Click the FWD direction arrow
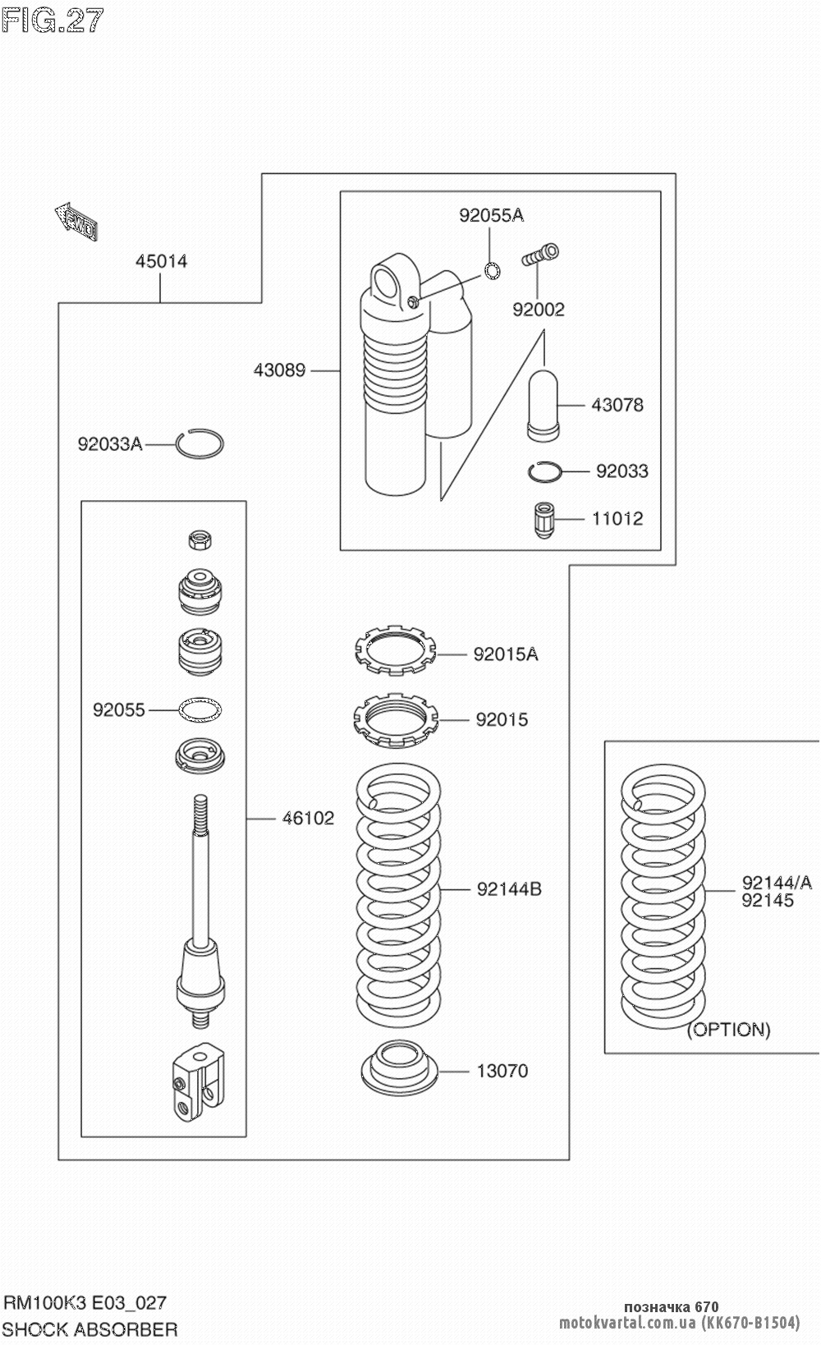click(x=76, y=222)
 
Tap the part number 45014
click(x=161, y=261)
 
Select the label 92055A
click(x=491, y=215)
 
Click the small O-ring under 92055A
click(x=492, y=271)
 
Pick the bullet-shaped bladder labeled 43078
click(x=544, y=406)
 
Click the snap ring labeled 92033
click(x=545, y=472)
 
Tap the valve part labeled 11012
click(x=544, y=520)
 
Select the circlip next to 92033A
click(x=200, y=444)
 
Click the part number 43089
click(x=279, y=370)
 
